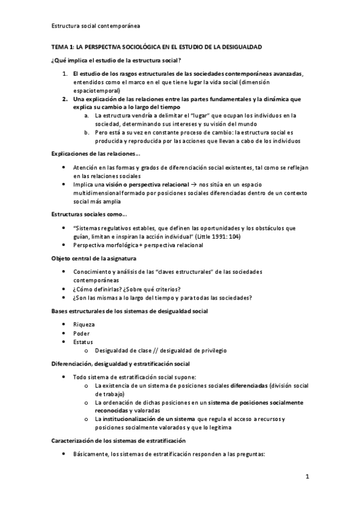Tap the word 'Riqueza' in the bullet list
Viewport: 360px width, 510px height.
tap(84, 324)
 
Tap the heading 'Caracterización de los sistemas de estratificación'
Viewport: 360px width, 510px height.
tap(118, 441)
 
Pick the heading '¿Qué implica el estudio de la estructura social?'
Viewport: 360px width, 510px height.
tap(117, 60)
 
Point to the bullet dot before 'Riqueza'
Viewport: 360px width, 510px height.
tap(64, 325)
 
